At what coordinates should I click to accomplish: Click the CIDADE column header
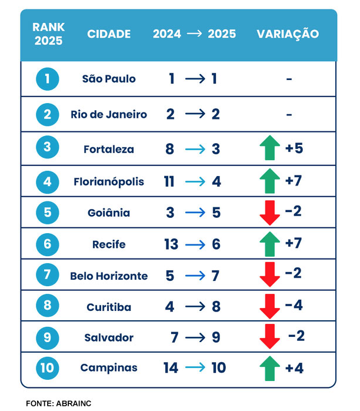[109, 34]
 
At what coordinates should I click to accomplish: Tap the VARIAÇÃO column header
[288, 34]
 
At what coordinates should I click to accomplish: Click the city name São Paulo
[109, 79]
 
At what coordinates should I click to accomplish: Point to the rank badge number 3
[47, 147]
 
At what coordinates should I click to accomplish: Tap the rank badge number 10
[48, 368]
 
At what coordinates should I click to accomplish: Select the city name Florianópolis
[109, 181]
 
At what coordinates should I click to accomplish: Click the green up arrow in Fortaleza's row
[269, 148]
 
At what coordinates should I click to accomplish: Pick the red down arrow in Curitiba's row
[269, 307]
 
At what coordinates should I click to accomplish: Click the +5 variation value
[294, 148]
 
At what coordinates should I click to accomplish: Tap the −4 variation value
[294, 306]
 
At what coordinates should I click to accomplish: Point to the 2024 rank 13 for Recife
[171, 244]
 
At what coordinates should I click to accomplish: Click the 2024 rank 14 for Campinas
[171, 368]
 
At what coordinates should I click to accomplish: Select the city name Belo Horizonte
[109, 276]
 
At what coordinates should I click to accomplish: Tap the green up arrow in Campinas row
[269, 369]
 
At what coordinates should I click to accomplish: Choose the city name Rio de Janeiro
[109, 114]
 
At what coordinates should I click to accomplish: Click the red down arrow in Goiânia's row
[269, 213]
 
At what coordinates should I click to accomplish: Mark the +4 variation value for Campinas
[294, 368]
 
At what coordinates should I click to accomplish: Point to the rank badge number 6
[47, 244]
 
